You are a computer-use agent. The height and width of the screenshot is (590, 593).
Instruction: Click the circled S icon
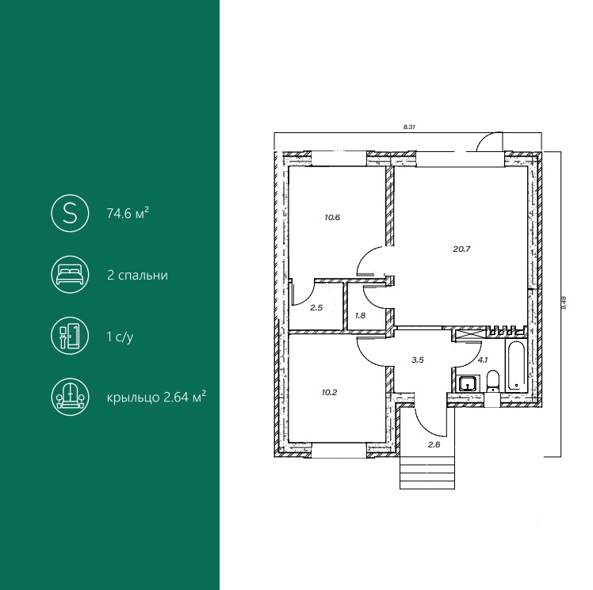point(70,213)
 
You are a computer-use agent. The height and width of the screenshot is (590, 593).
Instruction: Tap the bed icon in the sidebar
point(70,275)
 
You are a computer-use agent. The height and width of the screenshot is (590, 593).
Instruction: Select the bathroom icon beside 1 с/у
point(70,336)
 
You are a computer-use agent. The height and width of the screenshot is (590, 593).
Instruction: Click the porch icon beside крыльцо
point(70,397)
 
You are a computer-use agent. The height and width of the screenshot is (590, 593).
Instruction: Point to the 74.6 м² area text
point(128,214)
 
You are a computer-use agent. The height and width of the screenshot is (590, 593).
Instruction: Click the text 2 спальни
point(138,275)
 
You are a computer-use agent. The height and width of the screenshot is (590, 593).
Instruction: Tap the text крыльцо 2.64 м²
point(156,398)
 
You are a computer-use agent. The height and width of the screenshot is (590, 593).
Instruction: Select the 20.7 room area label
point(461,249)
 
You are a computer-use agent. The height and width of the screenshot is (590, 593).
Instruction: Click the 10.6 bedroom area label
point(332,218)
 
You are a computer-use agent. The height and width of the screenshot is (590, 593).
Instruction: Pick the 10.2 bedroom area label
point(329,393)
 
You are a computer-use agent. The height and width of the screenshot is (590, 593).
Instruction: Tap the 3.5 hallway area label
point(418,360)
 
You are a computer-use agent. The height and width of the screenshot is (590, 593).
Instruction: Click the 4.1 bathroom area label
point(482,360)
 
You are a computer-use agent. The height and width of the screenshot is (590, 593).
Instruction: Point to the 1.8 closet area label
point(361,315)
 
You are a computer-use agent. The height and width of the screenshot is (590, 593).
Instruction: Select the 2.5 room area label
point(316,308)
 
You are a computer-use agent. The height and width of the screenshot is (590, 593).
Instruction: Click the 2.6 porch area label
point(434,444)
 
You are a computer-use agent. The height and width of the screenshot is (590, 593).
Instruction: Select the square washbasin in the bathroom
point(469,383)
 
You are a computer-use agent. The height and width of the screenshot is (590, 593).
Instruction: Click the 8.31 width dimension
point(409,128)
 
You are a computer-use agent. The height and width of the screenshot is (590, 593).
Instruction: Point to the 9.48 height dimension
point(564,303)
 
